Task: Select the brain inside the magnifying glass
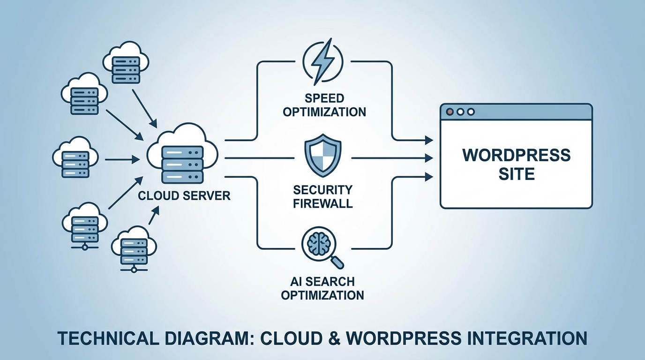click(321, 243)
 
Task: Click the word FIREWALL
click(323, 204)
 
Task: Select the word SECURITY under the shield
click(323, 190)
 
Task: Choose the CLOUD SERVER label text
click(184, 195)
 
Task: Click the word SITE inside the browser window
click(517, 174)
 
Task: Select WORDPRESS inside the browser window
click(517, 155)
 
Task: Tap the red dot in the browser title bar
click(450, 112)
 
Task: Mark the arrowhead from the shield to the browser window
click(428, 158)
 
